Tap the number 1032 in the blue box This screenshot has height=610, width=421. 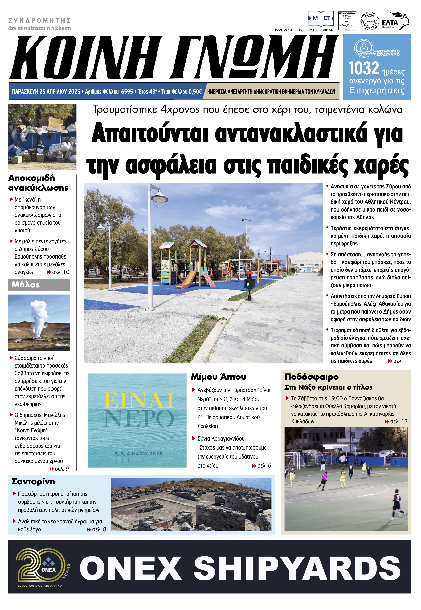[364, 69]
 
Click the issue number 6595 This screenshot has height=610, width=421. [127, 92]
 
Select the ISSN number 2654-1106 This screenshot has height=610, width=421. [289, 30]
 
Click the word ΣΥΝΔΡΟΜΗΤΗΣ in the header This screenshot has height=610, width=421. [40, 21]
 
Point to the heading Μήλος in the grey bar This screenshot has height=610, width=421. [26, 285]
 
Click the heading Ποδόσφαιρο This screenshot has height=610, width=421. [311, 377]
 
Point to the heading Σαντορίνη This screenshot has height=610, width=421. [33, 481]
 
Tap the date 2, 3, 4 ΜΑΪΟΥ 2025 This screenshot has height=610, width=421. [138, 454]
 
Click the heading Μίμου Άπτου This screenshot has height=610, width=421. [219, 377]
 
